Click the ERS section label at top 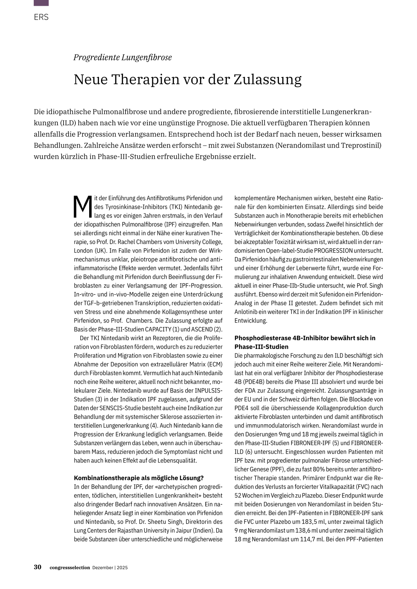41,17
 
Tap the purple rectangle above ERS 41,3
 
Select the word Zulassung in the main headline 267,79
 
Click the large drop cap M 83,207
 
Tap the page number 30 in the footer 37,567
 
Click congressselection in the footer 70,568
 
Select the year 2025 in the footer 122,568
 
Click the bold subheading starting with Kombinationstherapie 138,478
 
